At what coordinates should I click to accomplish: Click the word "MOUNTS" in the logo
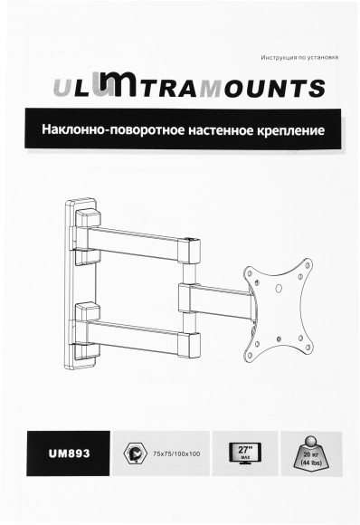(x=271, y=89)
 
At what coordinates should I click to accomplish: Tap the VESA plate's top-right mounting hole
(x=308, y=267)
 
